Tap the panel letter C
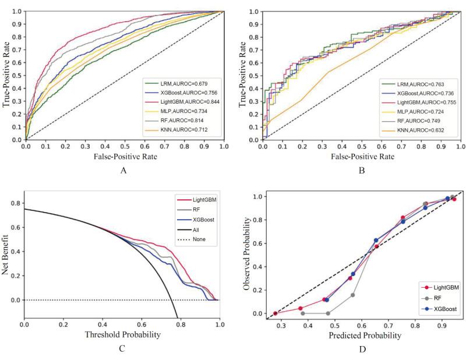[122, 350]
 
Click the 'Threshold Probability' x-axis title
[122, 336]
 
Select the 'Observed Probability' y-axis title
[247, 254]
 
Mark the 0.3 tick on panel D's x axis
[281, 326]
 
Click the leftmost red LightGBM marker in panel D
[276, 313]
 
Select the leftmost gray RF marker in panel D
[303, 313]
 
